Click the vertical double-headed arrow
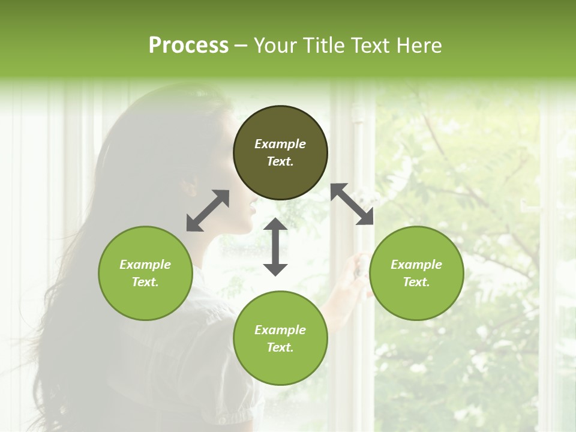click(x=275, y=247)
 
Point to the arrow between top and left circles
click(x=208, y=211)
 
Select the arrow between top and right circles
click(x=352, y=204)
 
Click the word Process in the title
click(x=188, y=45)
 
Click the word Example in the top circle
click(x=280, y=144)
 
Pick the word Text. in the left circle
click(x=145, y=282)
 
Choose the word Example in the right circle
click(x=416, y=265)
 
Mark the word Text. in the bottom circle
click(x=280, y=347)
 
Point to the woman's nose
click(x=254, y=207)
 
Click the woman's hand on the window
click(x=361, y=264)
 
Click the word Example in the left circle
click(x=145, y=265)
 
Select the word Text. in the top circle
click(x=280, y=161)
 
